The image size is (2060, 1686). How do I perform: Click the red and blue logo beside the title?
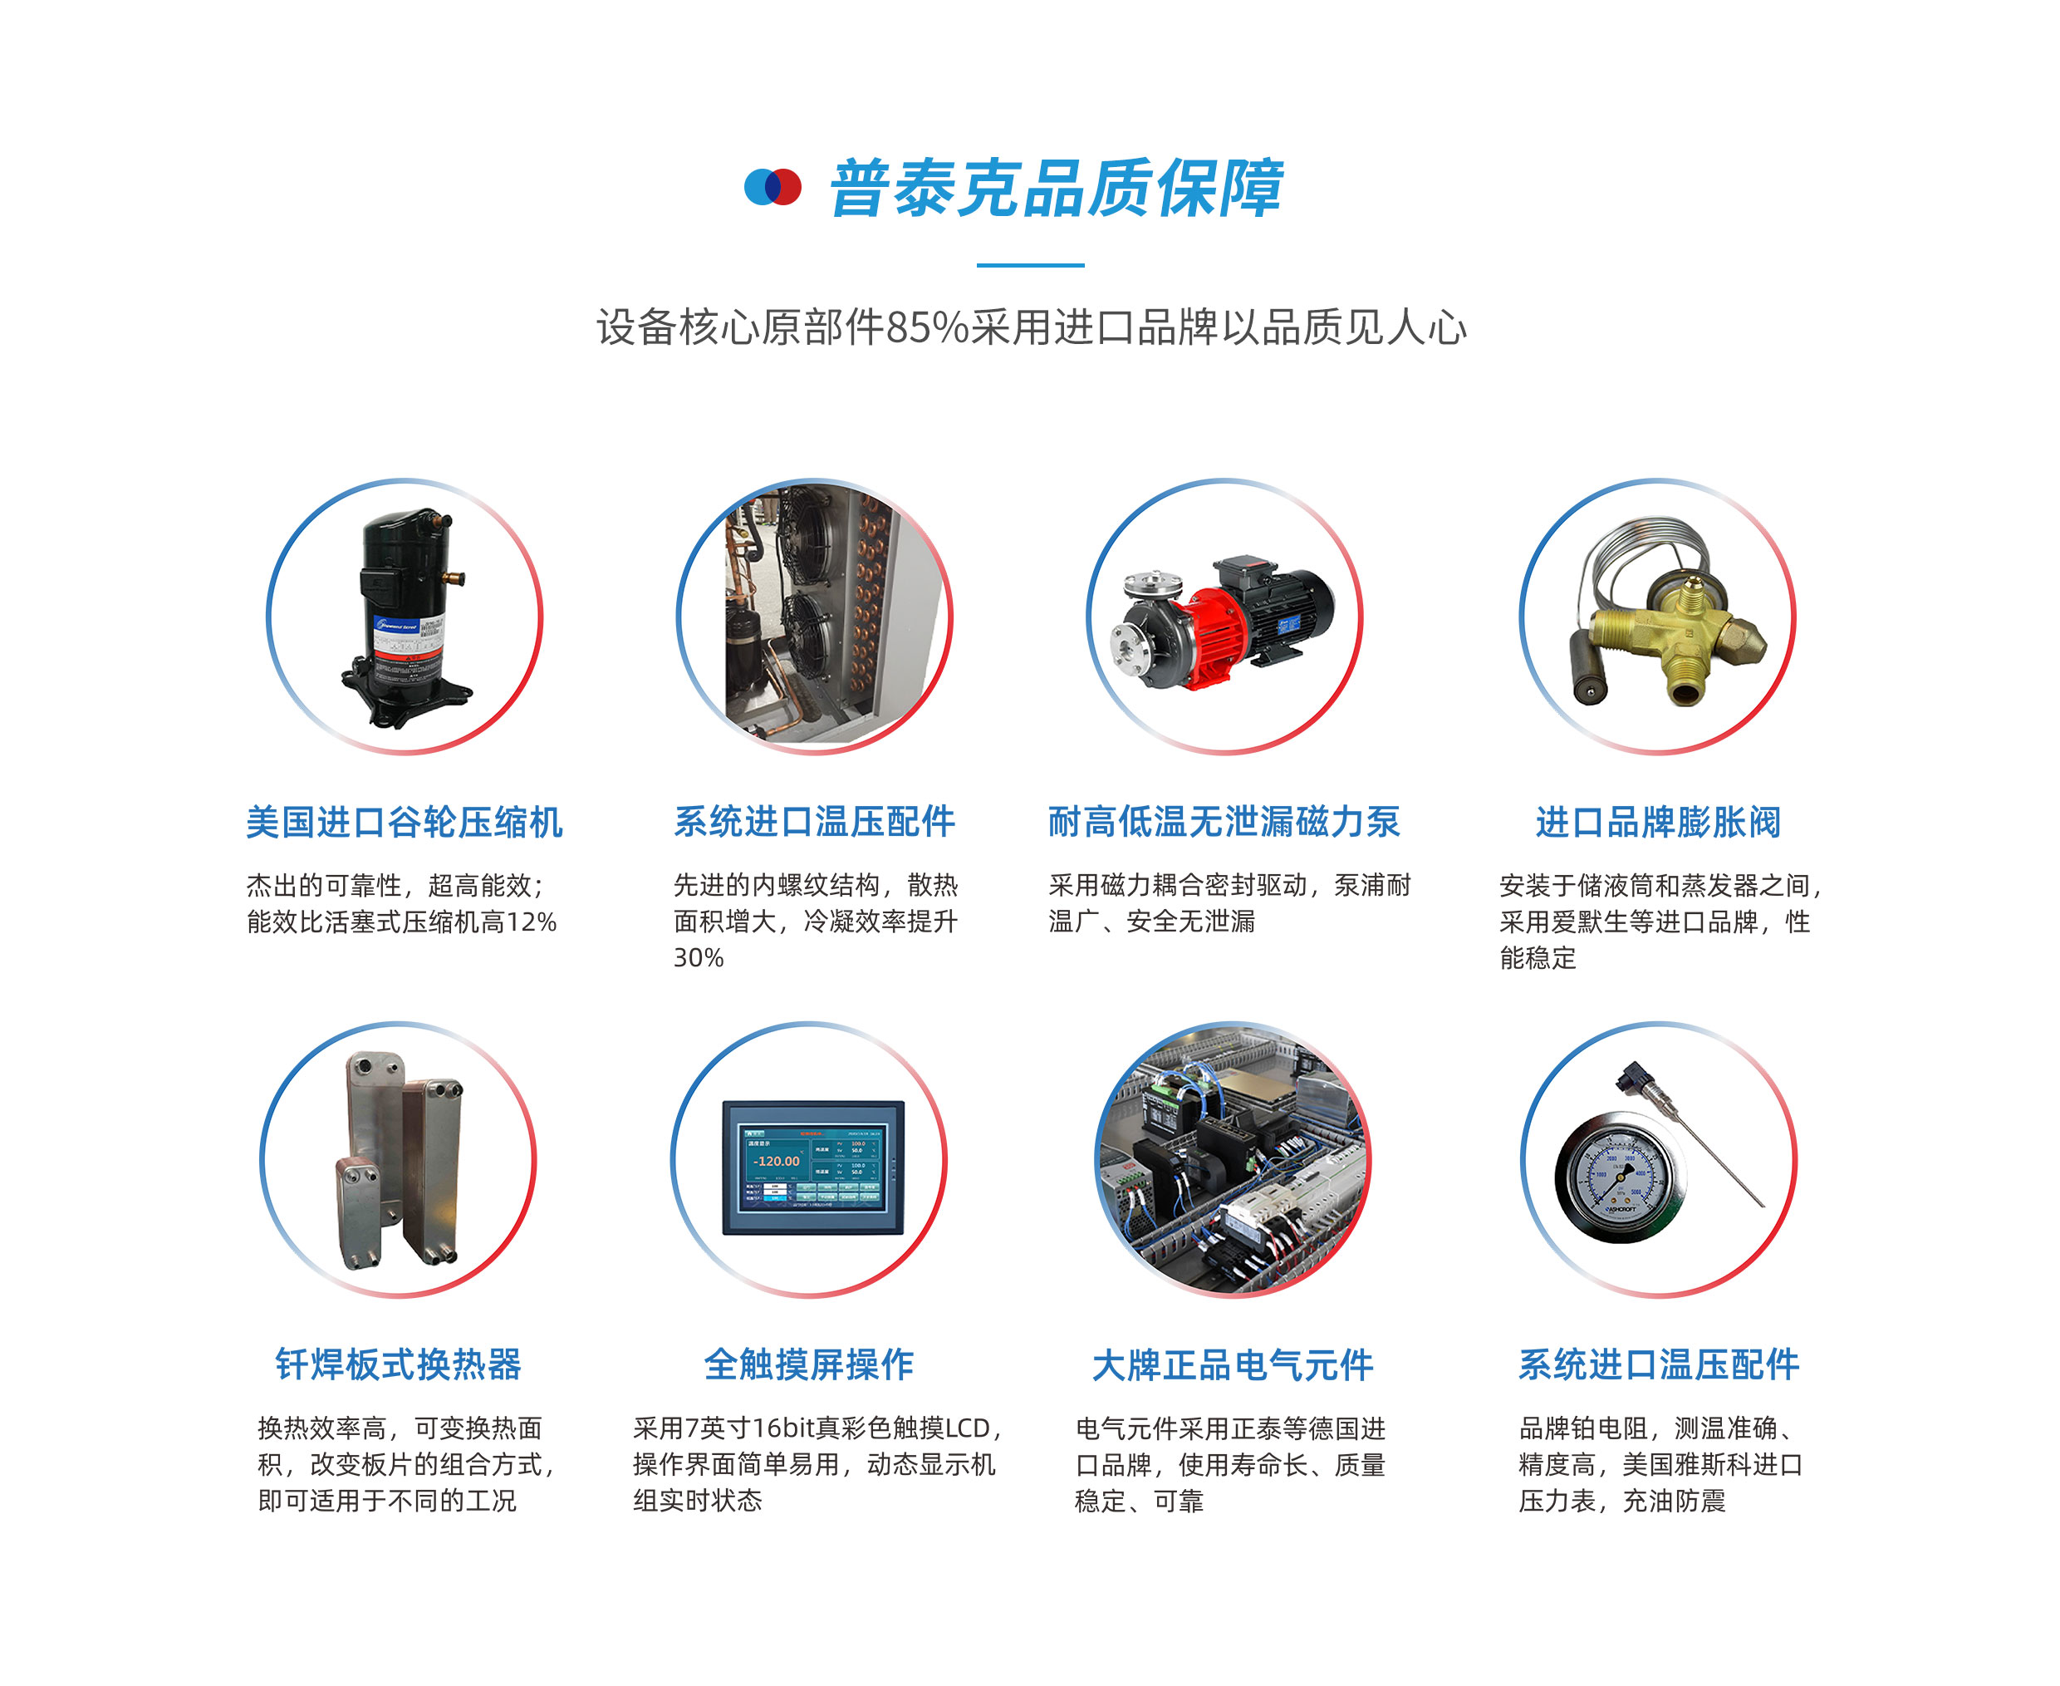pos(772,186)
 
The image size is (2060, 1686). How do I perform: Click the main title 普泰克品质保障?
pos(1057,188)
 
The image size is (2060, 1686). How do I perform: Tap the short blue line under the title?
pos(1030,264)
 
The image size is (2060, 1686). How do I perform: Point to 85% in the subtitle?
pos(928,327)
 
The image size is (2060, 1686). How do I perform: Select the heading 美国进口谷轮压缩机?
pos(404,822)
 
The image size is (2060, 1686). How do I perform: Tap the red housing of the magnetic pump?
pos(1215,622)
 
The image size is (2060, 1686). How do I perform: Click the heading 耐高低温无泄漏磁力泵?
pos(1224,822)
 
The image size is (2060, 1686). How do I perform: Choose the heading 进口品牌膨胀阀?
pos(1657,822)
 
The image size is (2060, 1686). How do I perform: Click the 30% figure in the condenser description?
pos(699,957)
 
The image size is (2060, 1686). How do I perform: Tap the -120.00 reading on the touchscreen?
pos(777,1161)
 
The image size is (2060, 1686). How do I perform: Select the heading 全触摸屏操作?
pos(809,1364)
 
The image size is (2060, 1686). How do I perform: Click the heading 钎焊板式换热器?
pos(398,1364)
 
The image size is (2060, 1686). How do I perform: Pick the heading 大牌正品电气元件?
pos(1233,1364)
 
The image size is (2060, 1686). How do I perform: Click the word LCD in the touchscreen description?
pos(968,1428)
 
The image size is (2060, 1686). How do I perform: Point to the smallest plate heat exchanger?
pos(358,1212)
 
